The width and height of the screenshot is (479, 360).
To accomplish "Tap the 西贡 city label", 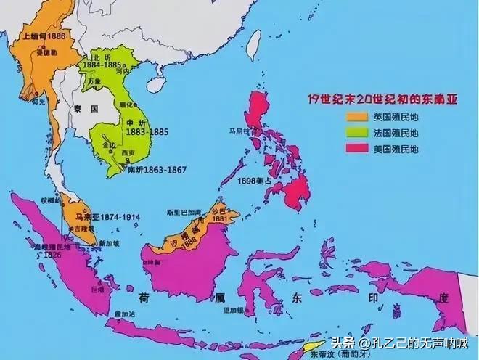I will [x=128, y=152].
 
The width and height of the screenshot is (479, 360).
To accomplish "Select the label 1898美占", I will [x=253, y=180].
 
